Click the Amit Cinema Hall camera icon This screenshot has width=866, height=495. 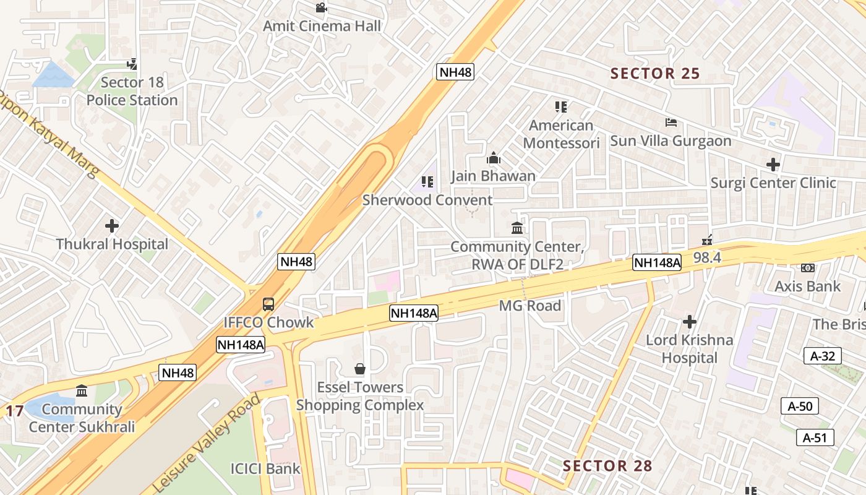(x=320, y=8)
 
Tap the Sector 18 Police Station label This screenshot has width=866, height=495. (x=132, y=91)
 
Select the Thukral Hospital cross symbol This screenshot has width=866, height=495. (x=112, y=226)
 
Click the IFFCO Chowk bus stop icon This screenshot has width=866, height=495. (x=268, y=304)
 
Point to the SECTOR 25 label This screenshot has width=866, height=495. (x=655, y=74)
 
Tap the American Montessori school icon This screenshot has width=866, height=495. (x=561, y=107)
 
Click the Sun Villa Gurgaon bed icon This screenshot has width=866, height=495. (x=671, y=123)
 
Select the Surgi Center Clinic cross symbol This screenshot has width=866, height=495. (x=773, y=165)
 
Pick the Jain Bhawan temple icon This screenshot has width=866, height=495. (x=493, y=158)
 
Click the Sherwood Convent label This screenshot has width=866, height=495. (x=427, y=200)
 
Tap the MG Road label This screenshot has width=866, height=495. (x=530, y=306)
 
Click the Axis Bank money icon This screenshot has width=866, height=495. (x=808, y=268)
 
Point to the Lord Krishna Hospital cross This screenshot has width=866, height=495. (x=690, y=322)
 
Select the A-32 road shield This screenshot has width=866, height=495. (x=822, y=356)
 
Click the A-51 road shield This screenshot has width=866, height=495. (x=815, y=437)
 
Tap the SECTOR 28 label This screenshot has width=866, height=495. (x=607, y=466)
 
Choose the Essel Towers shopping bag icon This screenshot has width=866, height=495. (x=359, y=369)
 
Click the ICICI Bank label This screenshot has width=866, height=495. (x=265, y=468)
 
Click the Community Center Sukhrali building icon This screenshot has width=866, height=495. (x=82, y=390)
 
